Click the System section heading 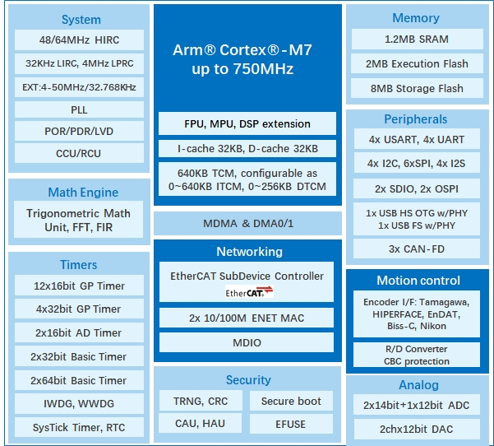pyautogui.click(x=81, y=19)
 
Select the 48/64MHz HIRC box pyautogui.click(x=79, y=40)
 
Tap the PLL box pyautogui.click(x=79, y=109)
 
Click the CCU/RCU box pyautogui.click(x=79, y=153)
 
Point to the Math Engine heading pyautogui.click(x=83, y=193)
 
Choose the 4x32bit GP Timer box pyautogui.click(x=79, y=309)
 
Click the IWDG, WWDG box pyautogui.click(x=79, y=403)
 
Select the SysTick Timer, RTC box pyautogui.click(x=79, y=427)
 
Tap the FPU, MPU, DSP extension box pyautogui.click(x=247, y=124)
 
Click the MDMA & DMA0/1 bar pyautogui.click(x=247, y=224)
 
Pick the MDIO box pyautogui.click(x=247, y=341)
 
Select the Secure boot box pyautogui.click(x=290, y=401)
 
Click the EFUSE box pyautogui.click(x=290, y=425)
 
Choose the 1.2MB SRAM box pyautogui.click(x=416, y=39)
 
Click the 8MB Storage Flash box pyautogui.click(x=416, y=88)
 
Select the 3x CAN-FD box pyautogui.click(x=416, y=249)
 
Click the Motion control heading pyautogui.click(x=418, y=281)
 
